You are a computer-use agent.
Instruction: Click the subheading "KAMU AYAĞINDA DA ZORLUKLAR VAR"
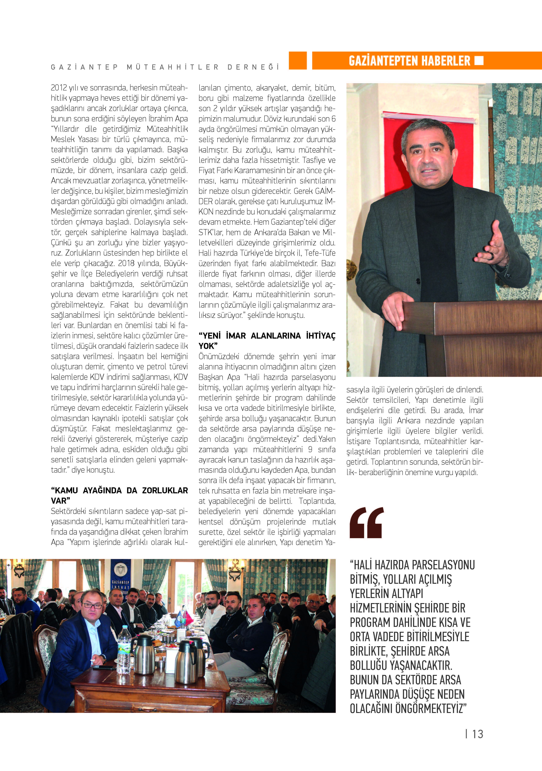click(119, 495)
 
